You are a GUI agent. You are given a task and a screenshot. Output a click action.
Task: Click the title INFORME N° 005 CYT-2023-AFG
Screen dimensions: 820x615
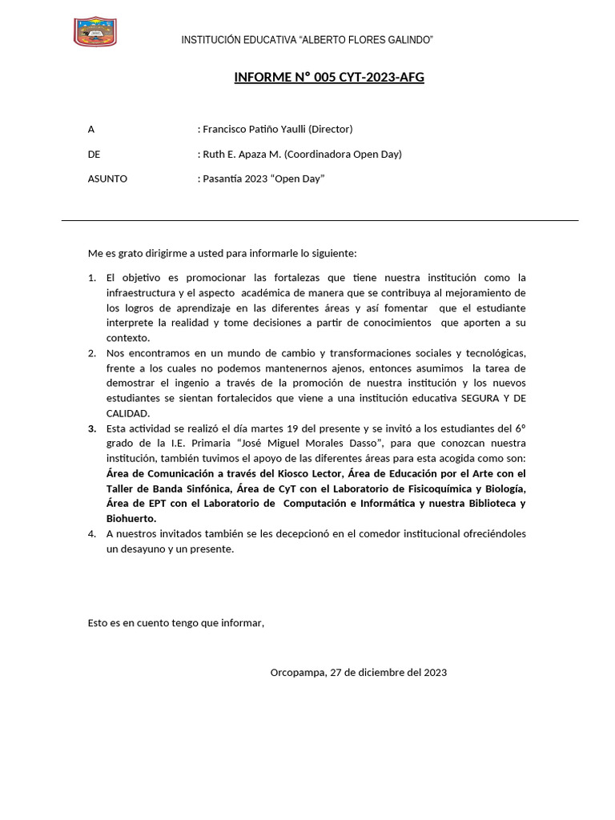pyautogui.click(x=329, y=77)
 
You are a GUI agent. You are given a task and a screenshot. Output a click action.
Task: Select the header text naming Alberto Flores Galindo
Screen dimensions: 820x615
pyautogui.click(x=307, y=40)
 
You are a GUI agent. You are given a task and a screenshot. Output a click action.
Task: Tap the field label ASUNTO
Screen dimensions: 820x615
pyautogui.click(x=107, y=179)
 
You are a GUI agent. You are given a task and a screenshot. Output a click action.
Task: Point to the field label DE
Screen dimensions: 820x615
pyautogui.click(x=94, y=154)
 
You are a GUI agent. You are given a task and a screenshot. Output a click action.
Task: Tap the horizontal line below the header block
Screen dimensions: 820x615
pyautogui.click(x=320, y=220)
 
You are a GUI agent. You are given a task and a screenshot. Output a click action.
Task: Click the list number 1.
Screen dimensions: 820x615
pyautogui.click(x=91, y=278)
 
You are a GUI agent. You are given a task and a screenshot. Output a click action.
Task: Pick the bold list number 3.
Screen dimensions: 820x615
pyautogui.click(x=91, y=428)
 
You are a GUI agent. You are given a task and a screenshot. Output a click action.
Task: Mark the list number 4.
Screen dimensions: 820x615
pyautogui.click(x=91, y=534)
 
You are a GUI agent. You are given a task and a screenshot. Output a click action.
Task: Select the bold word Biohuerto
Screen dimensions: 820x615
pyautogui.click(x=131, y=519)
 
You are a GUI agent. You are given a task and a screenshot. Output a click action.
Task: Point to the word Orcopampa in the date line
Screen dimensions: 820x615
pyautogui.click(x=297, y=672)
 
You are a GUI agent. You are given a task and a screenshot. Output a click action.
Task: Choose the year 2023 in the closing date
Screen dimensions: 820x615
pyautogui.click(x=434, y=672)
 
